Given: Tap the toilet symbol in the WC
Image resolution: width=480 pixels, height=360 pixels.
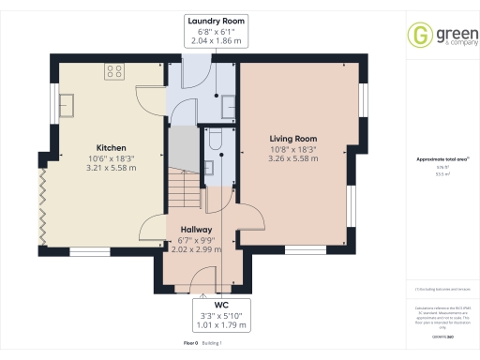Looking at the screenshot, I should coord(213,142).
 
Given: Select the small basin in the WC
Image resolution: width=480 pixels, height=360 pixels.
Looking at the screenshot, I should coord(210,168).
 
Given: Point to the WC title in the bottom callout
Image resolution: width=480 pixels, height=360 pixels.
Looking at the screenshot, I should coord(221,305).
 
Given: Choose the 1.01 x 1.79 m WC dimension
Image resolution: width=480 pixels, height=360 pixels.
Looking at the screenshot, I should coord(221,325).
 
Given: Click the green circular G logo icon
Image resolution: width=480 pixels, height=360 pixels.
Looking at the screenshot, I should coord(418,36).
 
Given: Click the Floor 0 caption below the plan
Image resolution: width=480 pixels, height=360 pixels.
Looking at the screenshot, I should coord(192,344).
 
